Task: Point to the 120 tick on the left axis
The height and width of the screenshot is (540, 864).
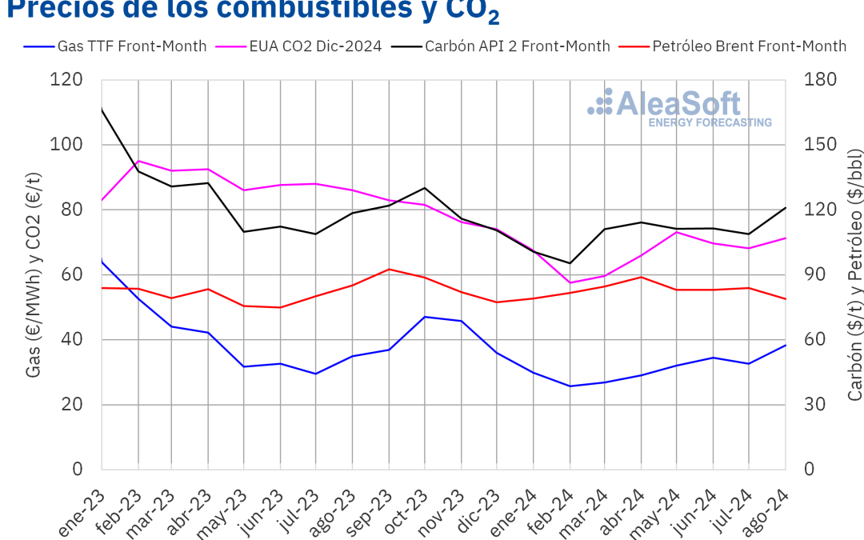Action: [x=72, y=80]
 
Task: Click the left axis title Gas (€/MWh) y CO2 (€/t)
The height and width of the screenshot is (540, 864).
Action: [x=34, y=274]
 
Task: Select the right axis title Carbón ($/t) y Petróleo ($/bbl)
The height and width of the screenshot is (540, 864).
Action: [x=854, y=274]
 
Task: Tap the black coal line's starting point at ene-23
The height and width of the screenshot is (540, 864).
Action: [x=102, y=109]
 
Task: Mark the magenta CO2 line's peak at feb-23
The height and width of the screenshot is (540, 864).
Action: [x=138, y=161]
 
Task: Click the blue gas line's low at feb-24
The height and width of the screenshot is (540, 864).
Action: [x=570, y=386]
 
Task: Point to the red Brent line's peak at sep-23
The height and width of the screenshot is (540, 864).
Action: [x=389, y=269]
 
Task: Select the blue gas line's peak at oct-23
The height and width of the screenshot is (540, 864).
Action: [x=424, y=317]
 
